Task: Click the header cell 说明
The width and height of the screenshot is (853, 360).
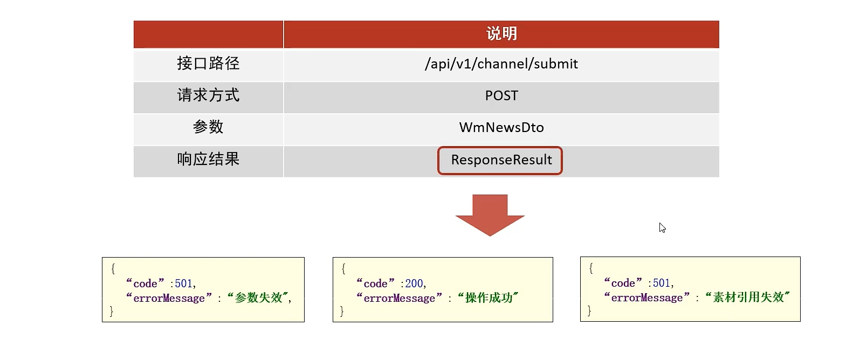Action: tap(501, 34)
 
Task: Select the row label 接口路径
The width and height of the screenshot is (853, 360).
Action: tap(208, 64)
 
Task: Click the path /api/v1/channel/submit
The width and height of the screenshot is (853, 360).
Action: tap(501, 64)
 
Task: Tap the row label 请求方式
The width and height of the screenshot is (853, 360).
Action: tap(208, 95)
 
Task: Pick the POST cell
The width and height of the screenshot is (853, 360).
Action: tap(501, 96)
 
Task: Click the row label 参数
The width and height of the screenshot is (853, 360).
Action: tap(208, 127)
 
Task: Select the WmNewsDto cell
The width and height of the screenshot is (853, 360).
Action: tap(501, 128)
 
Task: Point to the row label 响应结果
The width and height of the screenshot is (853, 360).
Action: tap(208, 159)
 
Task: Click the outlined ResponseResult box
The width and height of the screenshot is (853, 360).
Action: tap(500, 160)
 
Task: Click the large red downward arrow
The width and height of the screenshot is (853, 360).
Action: tap(490, 214)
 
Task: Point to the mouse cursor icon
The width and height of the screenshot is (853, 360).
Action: tap(662, 228)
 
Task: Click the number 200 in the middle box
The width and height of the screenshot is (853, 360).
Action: tap(414, 283)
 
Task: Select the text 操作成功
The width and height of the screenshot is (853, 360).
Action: tap(489, 298)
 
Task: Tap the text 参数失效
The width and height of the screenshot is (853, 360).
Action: tap(258, 298)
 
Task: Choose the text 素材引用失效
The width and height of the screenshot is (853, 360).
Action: tap(748, 297)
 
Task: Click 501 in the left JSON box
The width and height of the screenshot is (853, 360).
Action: tap(183, 283)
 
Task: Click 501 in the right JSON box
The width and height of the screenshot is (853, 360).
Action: tap(662, 283)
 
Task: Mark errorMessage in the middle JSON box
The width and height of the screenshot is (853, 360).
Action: tap(399, 298)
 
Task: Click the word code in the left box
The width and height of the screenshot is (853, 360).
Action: tap(145, 283)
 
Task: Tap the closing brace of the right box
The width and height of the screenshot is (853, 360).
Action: tap(589, 310)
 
